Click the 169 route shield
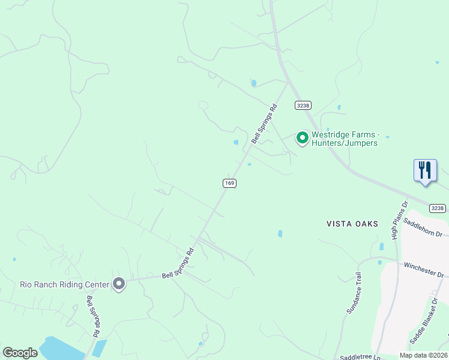coord(229,183)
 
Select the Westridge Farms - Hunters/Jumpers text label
coord(345,139)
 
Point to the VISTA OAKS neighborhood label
coord(352,224)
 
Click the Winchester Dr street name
coord(424,269)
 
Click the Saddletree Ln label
coord(360,356)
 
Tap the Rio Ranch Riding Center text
coord(64,284)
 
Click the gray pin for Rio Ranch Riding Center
coord(119,283)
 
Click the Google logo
coord(20,353)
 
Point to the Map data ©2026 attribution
coord(423,355)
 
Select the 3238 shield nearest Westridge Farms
coord(303,105)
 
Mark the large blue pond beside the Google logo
coord(63,348)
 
